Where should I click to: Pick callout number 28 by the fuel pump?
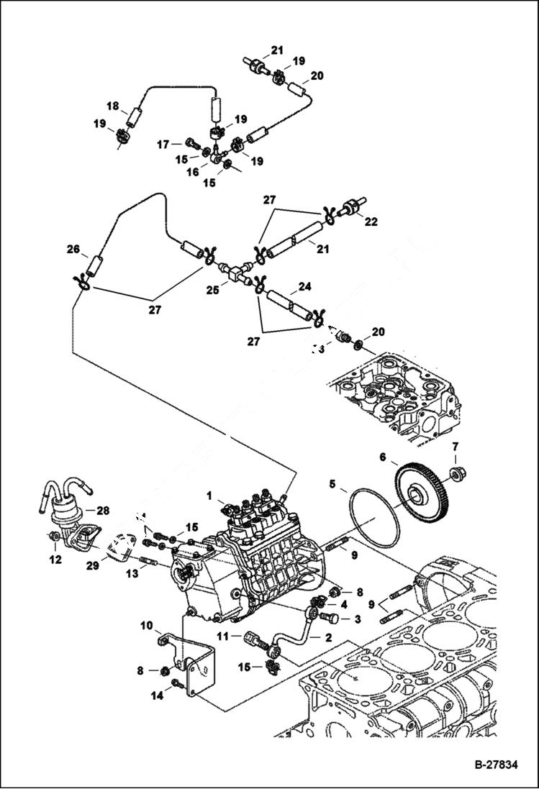102,511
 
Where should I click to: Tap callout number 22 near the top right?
371,222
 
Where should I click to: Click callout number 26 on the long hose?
73,250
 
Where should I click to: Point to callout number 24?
304,286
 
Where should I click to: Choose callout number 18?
112,106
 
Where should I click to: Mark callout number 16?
192,173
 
